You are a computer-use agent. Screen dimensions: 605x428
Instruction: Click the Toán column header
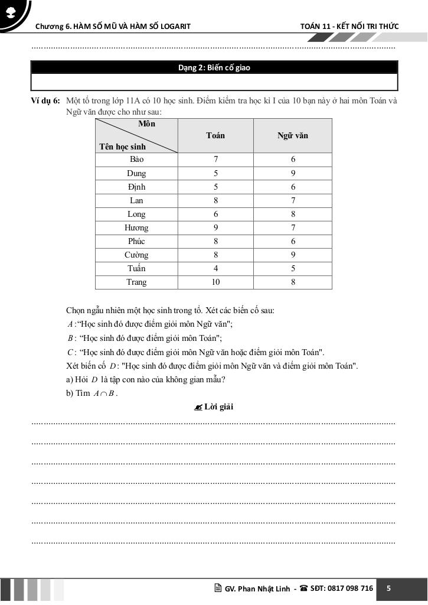(x=215, y=136)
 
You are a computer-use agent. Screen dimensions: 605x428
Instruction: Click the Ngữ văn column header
(x=293, y=136)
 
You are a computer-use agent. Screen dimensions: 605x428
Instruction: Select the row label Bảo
(x=136, y=160)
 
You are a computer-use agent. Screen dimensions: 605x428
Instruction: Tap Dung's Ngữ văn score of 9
(x=293, y=174)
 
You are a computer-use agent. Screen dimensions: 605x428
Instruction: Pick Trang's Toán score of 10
(x=215, y=282)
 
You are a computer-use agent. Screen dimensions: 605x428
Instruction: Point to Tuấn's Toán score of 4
(x=215, y=269)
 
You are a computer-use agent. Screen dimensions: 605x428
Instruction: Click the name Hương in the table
(x=136, y=228)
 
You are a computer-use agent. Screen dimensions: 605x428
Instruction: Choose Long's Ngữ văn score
(x=293, y=214)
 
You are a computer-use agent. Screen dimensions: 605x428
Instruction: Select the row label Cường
(x=136, y=255)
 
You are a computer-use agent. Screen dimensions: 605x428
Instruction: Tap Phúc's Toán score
(x=215, y=242)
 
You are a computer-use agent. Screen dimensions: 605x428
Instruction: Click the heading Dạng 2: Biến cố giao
(x=214, y=68)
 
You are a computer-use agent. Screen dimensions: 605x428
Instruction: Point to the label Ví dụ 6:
(x=45, y=101)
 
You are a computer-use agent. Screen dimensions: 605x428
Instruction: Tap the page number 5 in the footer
(x=388, y=588)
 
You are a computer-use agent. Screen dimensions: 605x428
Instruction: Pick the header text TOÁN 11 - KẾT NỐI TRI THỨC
(x=349, y=26)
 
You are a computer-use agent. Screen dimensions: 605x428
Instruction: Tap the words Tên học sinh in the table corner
(x=123, y=147)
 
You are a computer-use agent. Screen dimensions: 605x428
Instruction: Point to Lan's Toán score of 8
(x=215, y=201)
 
